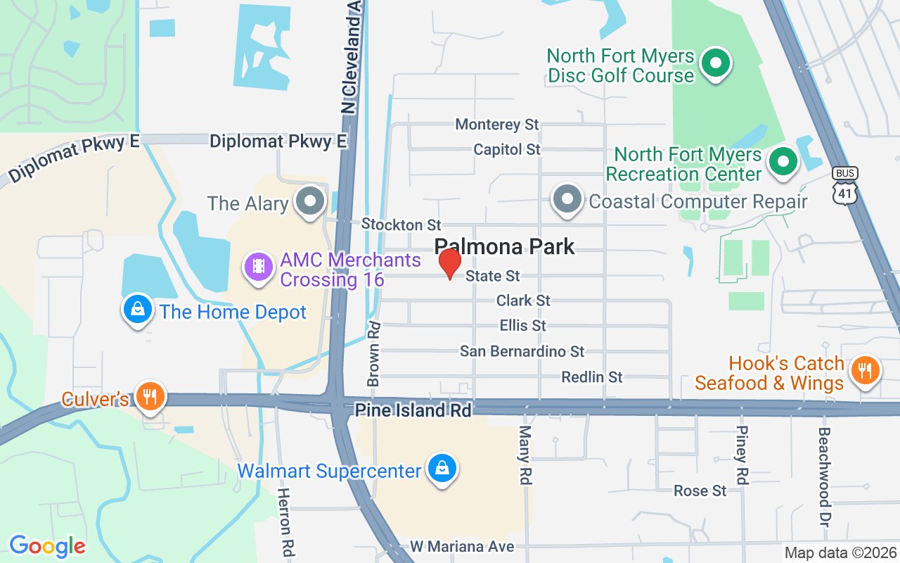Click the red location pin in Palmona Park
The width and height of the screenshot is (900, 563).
click(449, 264)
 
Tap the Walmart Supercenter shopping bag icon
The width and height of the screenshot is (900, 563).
click(442, 469)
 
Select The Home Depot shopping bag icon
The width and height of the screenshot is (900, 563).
click(139, 310)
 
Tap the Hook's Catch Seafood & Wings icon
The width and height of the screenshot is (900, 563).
click(863, 371)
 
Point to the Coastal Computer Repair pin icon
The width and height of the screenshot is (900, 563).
click(567, 199)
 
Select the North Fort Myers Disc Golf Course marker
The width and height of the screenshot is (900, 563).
click(716, 64)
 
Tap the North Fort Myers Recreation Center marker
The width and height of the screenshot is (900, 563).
click(781, 162)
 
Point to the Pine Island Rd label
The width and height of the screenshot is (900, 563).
click(413, 410)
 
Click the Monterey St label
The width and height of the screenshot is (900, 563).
click(497, 125)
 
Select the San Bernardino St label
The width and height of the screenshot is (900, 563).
click(522, 351)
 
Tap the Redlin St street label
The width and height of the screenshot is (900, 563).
click(591, 377)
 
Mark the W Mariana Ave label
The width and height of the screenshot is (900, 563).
click(462, 546)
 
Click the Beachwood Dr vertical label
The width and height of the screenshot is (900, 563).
click(824, 476)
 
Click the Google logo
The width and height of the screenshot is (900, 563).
click(47, 545)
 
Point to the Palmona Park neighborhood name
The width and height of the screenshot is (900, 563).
click(504, 246)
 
